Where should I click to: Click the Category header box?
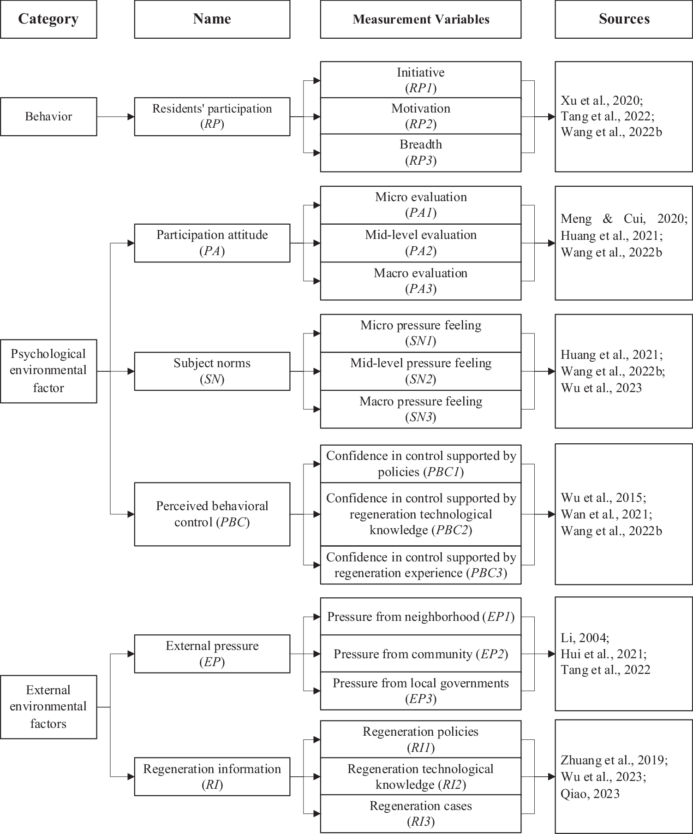coord(48,19)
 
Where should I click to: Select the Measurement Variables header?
coord(420,19)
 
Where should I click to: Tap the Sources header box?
coord(624,19)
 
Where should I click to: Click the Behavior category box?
coord(48,117)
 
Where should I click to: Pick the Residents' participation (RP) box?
coord(212,117)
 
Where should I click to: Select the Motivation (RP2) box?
coord(420,116)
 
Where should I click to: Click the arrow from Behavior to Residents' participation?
coord(115,117)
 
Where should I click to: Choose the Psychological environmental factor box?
coord(48,371)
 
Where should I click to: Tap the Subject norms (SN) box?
coord(212,371)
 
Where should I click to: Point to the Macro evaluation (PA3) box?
coord(420,281)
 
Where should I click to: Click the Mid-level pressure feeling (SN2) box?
coord(420,371)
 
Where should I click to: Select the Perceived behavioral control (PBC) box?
coord(212,514)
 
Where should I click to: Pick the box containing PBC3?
coord(420,565)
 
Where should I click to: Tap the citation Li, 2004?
coord(585,638)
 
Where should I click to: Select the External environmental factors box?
coord(48,707)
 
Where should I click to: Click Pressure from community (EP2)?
coord(420,654)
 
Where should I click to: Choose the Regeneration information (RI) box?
coord(212,777)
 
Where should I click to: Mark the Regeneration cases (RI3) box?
coord(420,814)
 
